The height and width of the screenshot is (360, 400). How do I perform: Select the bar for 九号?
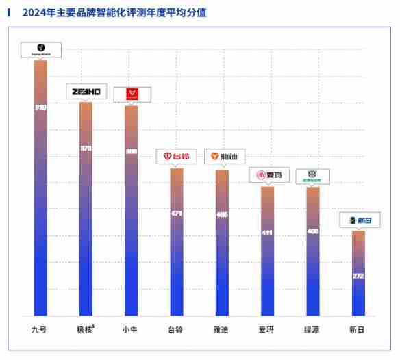click(40, 192)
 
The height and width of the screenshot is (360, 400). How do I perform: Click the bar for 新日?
click(358, 274)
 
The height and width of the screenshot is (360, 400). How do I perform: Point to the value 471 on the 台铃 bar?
click(176, 214)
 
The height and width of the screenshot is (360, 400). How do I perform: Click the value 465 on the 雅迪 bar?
click(222, 214)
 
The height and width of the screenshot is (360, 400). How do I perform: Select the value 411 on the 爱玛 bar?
click(267, 233)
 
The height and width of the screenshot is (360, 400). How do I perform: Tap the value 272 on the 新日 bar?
click(358, 276)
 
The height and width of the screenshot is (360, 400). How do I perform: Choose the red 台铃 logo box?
click(177, 157)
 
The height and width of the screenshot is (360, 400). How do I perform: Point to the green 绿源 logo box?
click(312, 177)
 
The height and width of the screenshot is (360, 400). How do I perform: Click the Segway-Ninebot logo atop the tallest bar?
click(41, 50)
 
